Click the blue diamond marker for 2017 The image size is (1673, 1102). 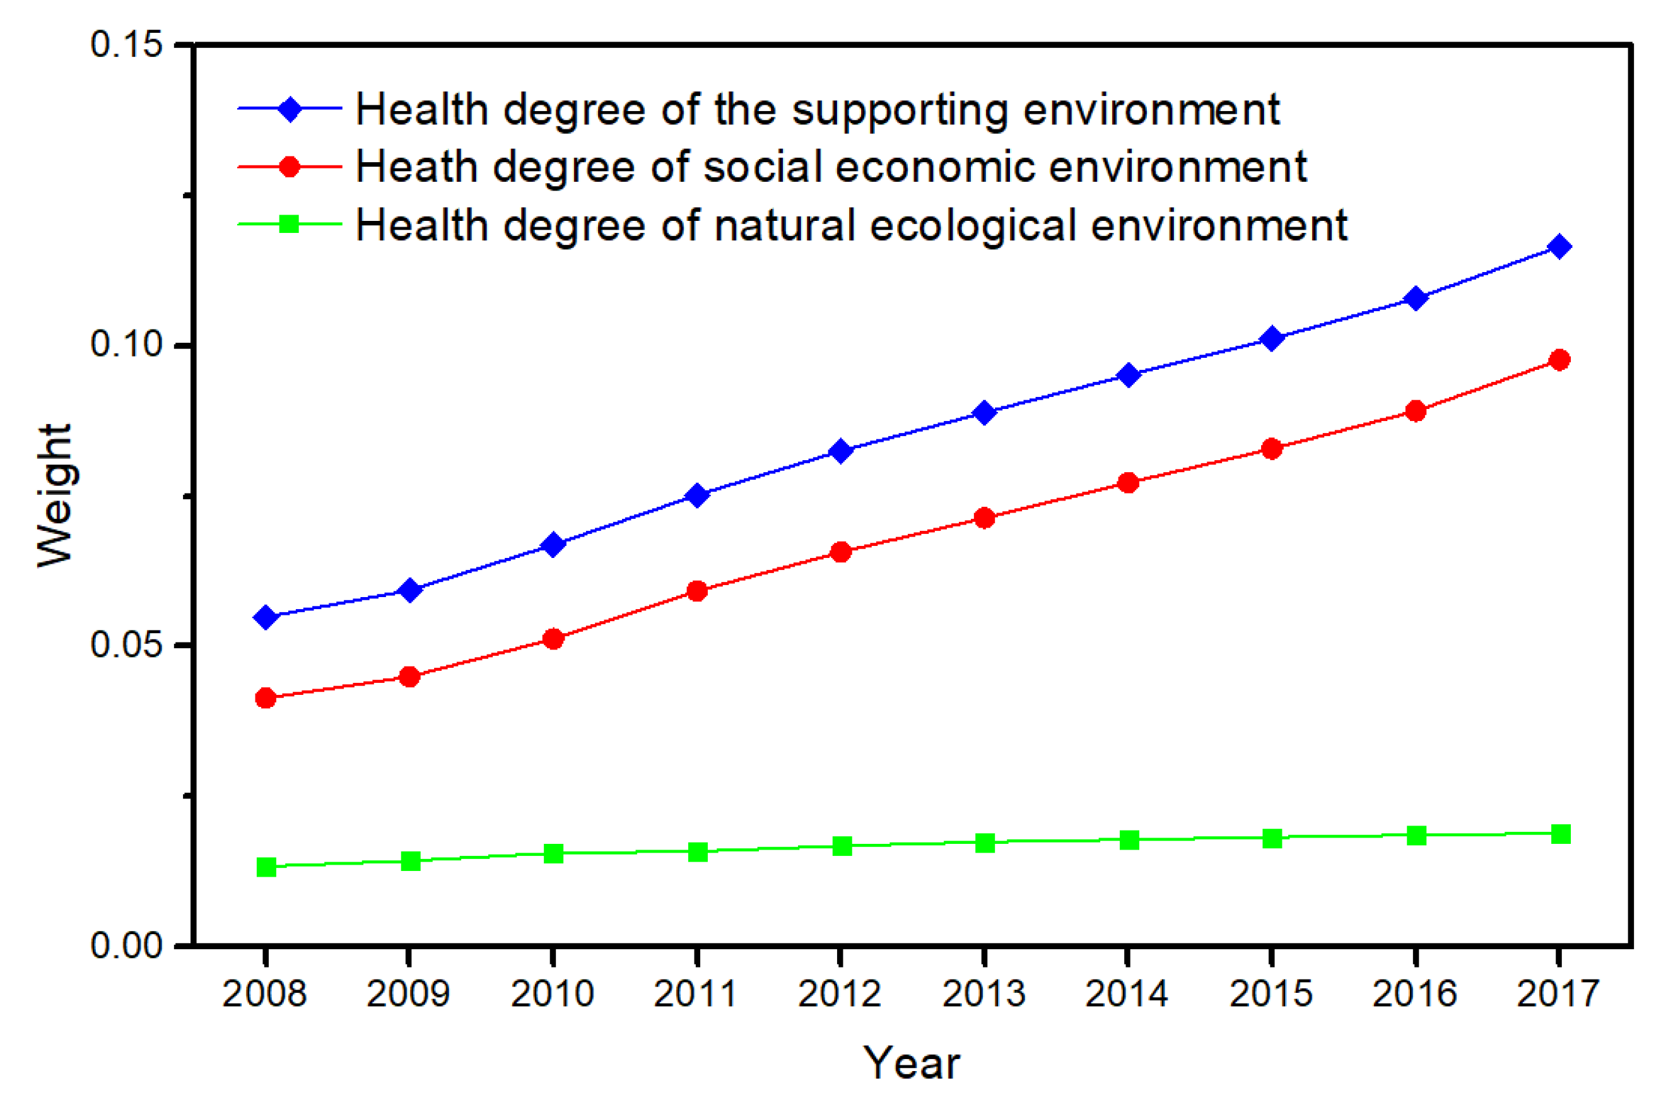pos(1559,247)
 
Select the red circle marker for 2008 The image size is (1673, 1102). pos(266,698)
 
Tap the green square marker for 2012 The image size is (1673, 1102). pos(842,846)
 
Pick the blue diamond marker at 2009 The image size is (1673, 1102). pos(410,590)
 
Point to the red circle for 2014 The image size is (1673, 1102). pos(1128,482)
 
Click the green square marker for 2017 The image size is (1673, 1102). pos(1560,834)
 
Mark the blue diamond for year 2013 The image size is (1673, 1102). pos(985,412)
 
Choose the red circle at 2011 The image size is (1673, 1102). pos(697,591)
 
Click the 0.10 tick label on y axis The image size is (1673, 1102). pos(127,344)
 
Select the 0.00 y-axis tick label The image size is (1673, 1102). pos(127,946)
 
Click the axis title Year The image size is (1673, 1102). pos(911,1063)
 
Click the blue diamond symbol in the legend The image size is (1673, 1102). pos(290,109)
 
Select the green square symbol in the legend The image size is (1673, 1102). pos(289,224)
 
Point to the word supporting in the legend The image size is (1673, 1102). pos(901,111)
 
